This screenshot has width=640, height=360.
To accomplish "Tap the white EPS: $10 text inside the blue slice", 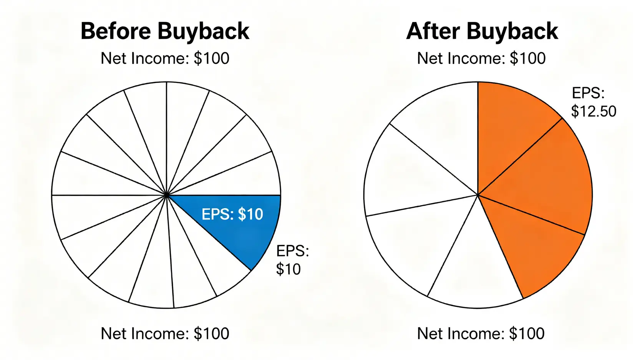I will point(232,214).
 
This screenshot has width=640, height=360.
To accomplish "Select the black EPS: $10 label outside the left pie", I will point(292,260).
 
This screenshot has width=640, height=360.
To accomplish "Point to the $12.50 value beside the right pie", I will point(594,111).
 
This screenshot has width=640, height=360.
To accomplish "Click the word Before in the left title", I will point(116,32).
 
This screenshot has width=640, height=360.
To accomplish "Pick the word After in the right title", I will point(433,32).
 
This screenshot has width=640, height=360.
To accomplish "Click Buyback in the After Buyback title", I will point(512,32).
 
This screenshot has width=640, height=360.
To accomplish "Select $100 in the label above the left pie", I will point(211,58).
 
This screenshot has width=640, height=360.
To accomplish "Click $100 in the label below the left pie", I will point(211,333).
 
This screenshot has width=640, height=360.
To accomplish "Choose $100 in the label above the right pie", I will point(527,58).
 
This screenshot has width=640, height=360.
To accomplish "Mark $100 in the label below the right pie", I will point(527,333).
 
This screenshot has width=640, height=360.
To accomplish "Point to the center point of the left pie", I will point(166,195).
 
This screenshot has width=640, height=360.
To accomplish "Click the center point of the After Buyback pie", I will point(478,195).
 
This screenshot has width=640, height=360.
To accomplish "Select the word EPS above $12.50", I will point(588,93).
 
